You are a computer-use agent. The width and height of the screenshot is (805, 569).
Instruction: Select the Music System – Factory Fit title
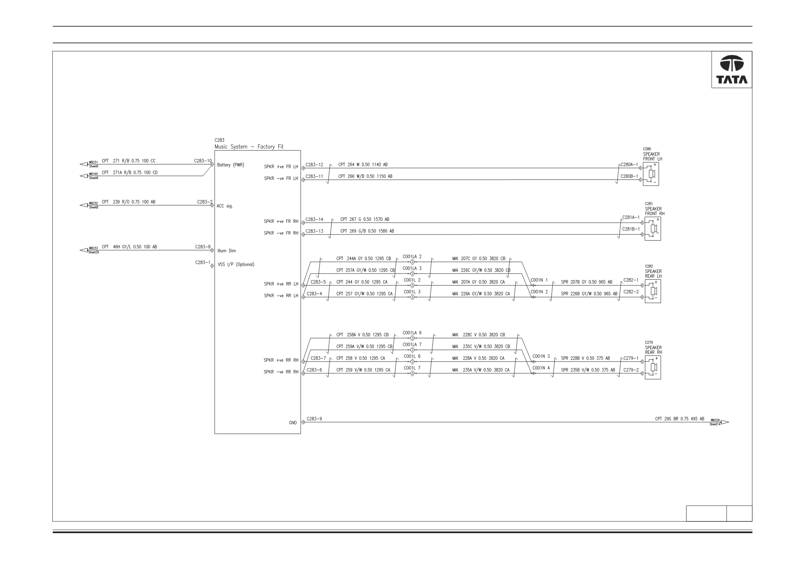coord(249,147)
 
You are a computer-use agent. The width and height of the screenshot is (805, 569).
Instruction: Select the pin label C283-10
coord(203,161)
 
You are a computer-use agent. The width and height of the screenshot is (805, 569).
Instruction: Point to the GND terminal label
coord(293,423)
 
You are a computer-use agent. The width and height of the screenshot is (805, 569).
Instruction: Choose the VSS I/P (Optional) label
coord(236,265)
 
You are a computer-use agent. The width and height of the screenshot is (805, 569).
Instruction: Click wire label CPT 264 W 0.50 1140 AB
coord(363,165)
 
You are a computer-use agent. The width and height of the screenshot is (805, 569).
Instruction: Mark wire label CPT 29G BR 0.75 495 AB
coord(680,419)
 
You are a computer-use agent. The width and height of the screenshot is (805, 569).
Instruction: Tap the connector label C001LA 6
coord(412,333)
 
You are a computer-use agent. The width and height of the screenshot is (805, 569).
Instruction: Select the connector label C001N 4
coord(541,368)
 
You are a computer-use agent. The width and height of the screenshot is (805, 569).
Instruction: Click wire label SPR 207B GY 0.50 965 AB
coord(587,282)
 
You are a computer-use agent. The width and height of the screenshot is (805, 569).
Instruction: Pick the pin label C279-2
coord(631,370)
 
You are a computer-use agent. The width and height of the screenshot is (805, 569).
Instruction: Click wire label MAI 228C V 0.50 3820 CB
coord(478,335)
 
